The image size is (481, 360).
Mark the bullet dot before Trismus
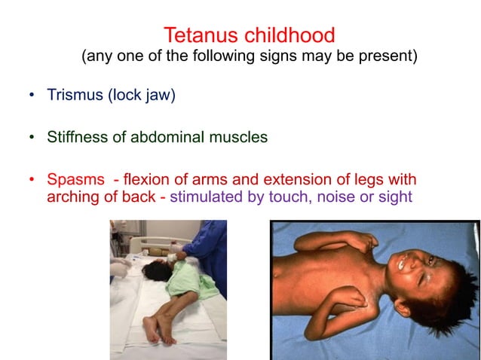pos(32,96)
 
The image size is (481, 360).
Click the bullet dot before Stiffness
pos(32,138)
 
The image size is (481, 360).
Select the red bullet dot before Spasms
pos(32,181)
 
